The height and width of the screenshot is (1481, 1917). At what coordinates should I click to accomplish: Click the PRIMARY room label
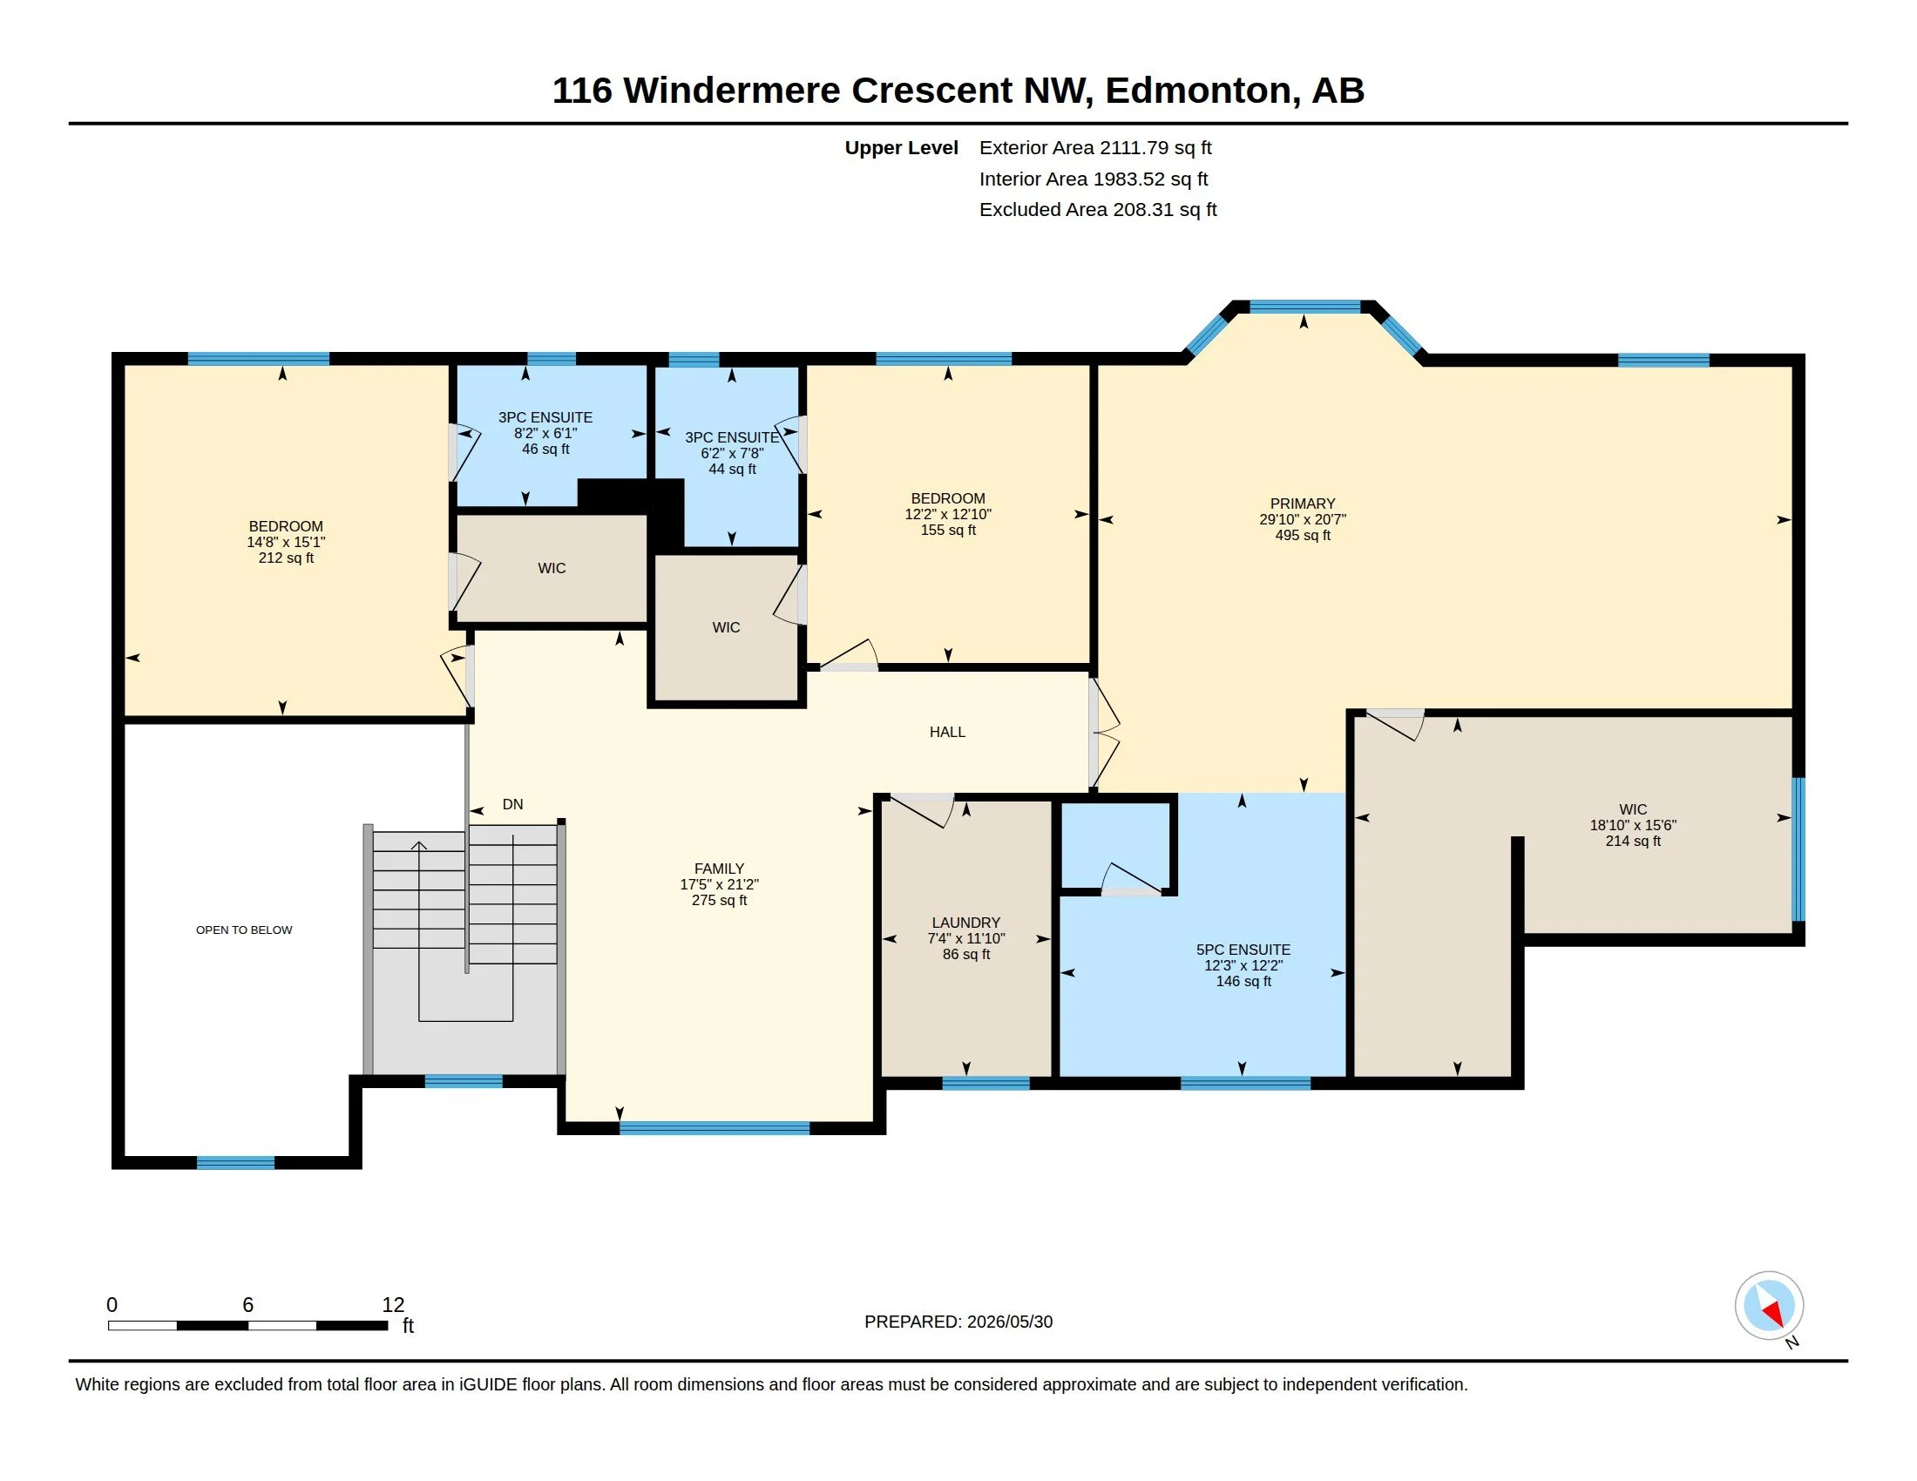pyautogui.click(x=1303, y=504)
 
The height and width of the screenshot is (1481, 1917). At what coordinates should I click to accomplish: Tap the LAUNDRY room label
pyautogui.click(x=965, y=923)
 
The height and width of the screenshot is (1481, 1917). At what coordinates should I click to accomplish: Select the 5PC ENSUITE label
pyautogui.click(x=1243, y=950)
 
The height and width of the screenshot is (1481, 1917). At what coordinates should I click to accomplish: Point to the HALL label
pyautogui.click(x=947, y=732)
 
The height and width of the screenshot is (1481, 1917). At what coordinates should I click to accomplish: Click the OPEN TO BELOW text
pyautogui.click(x=244, y=930)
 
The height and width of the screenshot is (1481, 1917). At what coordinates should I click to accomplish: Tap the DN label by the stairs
pyautogui.click(x=512, y=805)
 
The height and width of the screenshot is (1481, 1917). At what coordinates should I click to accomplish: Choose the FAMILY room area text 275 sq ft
pyautogui.click(x=719, y=900)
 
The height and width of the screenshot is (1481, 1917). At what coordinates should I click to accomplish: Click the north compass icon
pyautogui.click(x=1770, y=1306)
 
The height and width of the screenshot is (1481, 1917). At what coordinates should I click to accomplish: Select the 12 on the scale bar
pyautogui.click(x=393, y=1305)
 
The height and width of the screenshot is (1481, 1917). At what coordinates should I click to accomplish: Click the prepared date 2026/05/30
pyautogui.click(x=1006, y=1322)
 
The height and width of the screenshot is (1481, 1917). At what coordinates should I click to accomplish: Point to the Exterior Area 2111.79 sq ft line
pyautogui.click(x=1095, y=148)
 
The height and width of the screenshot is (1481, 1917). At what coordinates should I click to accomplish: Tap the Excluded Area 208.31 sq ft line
pyautogui.click(x=1098, y=210)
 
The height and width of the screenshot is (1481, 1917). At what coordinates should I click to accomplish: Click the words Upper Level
pyautogui.click(x=902, y=148)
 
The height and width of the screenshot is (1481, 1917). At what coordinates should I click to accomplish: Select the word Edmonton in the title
pyautogui.click(x=1197, y=91)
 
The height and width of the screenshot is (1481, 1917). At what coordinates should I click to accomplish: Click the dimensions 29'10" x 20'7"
pyautogui.click(x=1303, y=519)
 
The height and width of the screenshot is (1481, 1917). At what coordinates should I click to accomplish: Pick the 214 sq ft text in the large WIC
pyautogui.click(x=1633, y=841)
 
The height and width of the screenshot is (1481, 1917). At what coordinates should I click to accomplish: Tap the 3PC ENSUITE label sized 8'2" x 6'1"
pyautogui.click(x=545, y=417)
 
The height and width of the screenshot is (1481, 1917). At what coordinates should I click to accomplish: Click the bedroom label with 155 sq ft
pyautogui.click(x=948, y=498)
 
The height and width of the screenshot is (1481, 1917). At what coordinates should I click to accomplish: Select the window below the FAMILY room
pyautogui.click(x=715, y=1128)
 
